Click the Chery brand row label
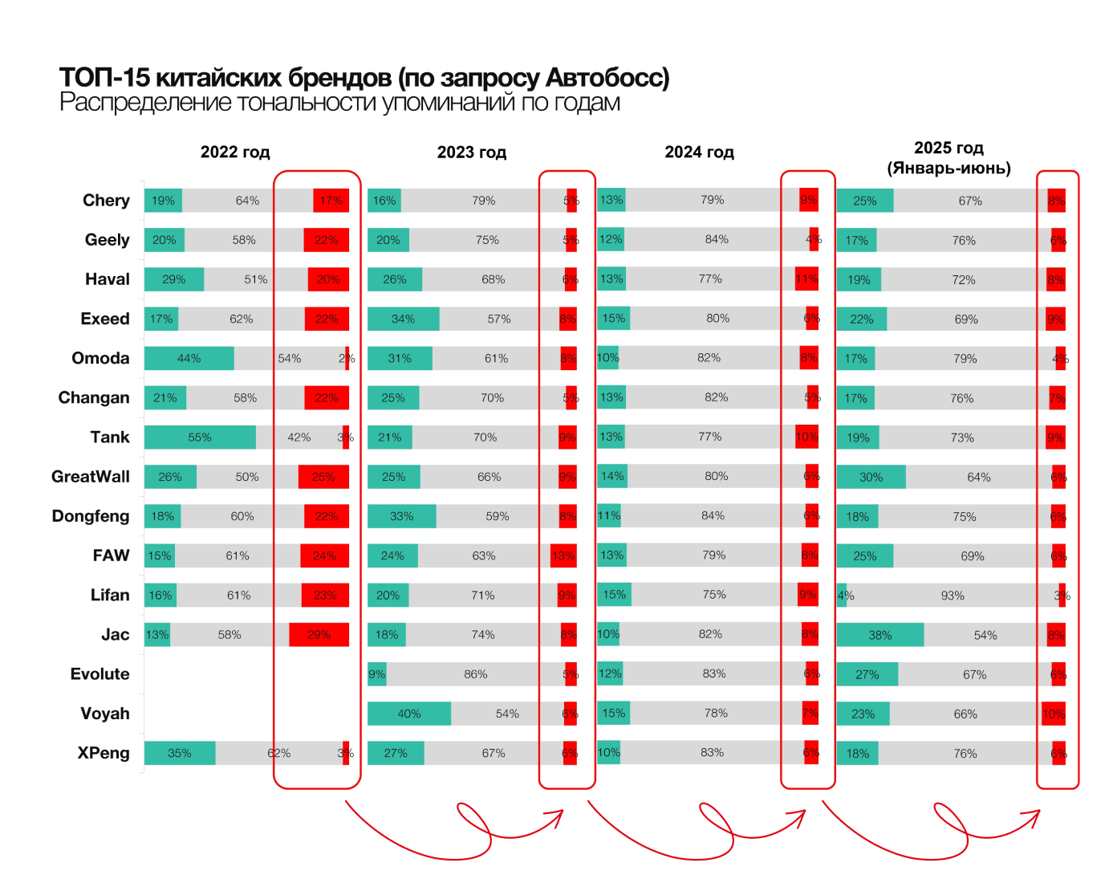point(106,201)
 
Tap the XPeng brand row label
point(104,753)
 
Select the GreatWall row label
point(91,477)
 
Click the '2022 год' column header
point(235,153)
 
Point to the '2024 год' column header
point(699,153)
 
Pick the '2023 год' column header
point(472,153)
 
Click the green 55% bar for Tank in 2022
point(200,437)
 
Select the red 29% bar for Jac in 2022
point(319,635)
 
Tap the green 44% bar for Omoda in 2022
point(189,359)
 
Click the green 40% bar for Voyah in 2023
point(409,714)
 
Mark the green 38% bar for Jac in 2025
point(880,635)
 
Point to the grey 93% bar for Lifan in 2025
point(952,596)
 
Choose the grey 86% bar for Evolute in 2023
point(476,674)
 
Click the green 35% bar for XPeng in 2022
point(180,753)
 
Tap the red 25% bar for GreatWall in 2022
point(323,477)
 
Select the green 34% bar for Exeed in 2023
point(404,319)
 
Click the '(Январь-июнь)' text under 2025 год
point(948,169)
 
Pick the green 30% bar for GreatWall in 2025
point(871,477)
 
